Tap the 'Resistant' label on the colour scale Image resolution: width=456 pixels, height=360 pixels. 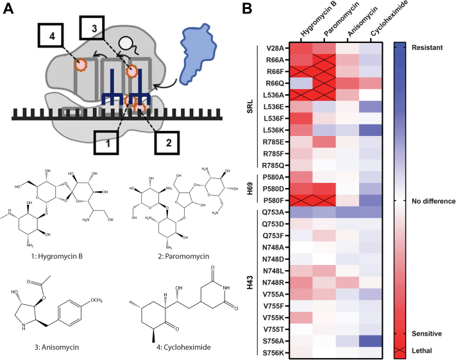(427, 47)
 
